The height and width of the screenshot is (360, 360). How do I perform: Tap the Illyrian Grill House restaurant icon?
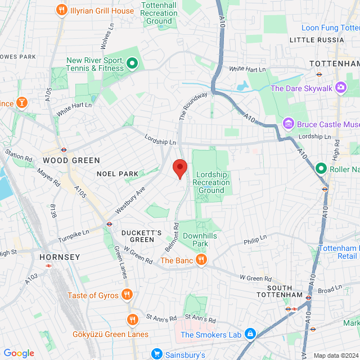point(61,10)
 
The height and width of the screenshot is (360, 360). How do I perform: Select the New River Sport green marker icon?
point(132,64)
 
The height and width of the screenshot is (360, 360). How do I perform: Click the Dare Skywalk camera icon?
point(340,88)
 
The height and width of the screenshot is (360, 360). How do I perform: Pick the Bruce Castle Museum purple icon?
point(289,123)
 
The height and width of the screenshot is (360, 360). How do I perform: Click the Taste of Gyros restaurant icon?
point(128,295)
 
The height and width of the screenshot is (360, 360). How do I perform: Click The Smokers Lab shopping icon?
point(250,335)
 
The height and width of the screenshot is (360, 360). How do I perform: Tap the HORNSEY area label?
point(60,256)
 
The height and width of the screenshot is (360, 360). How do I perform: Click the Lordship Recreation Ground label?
point(211,182)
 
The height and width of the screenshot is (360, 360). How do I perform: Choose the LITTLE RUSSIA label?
point(316,40)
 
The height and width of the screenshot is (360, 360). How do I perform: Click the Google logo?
point(19,353)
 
